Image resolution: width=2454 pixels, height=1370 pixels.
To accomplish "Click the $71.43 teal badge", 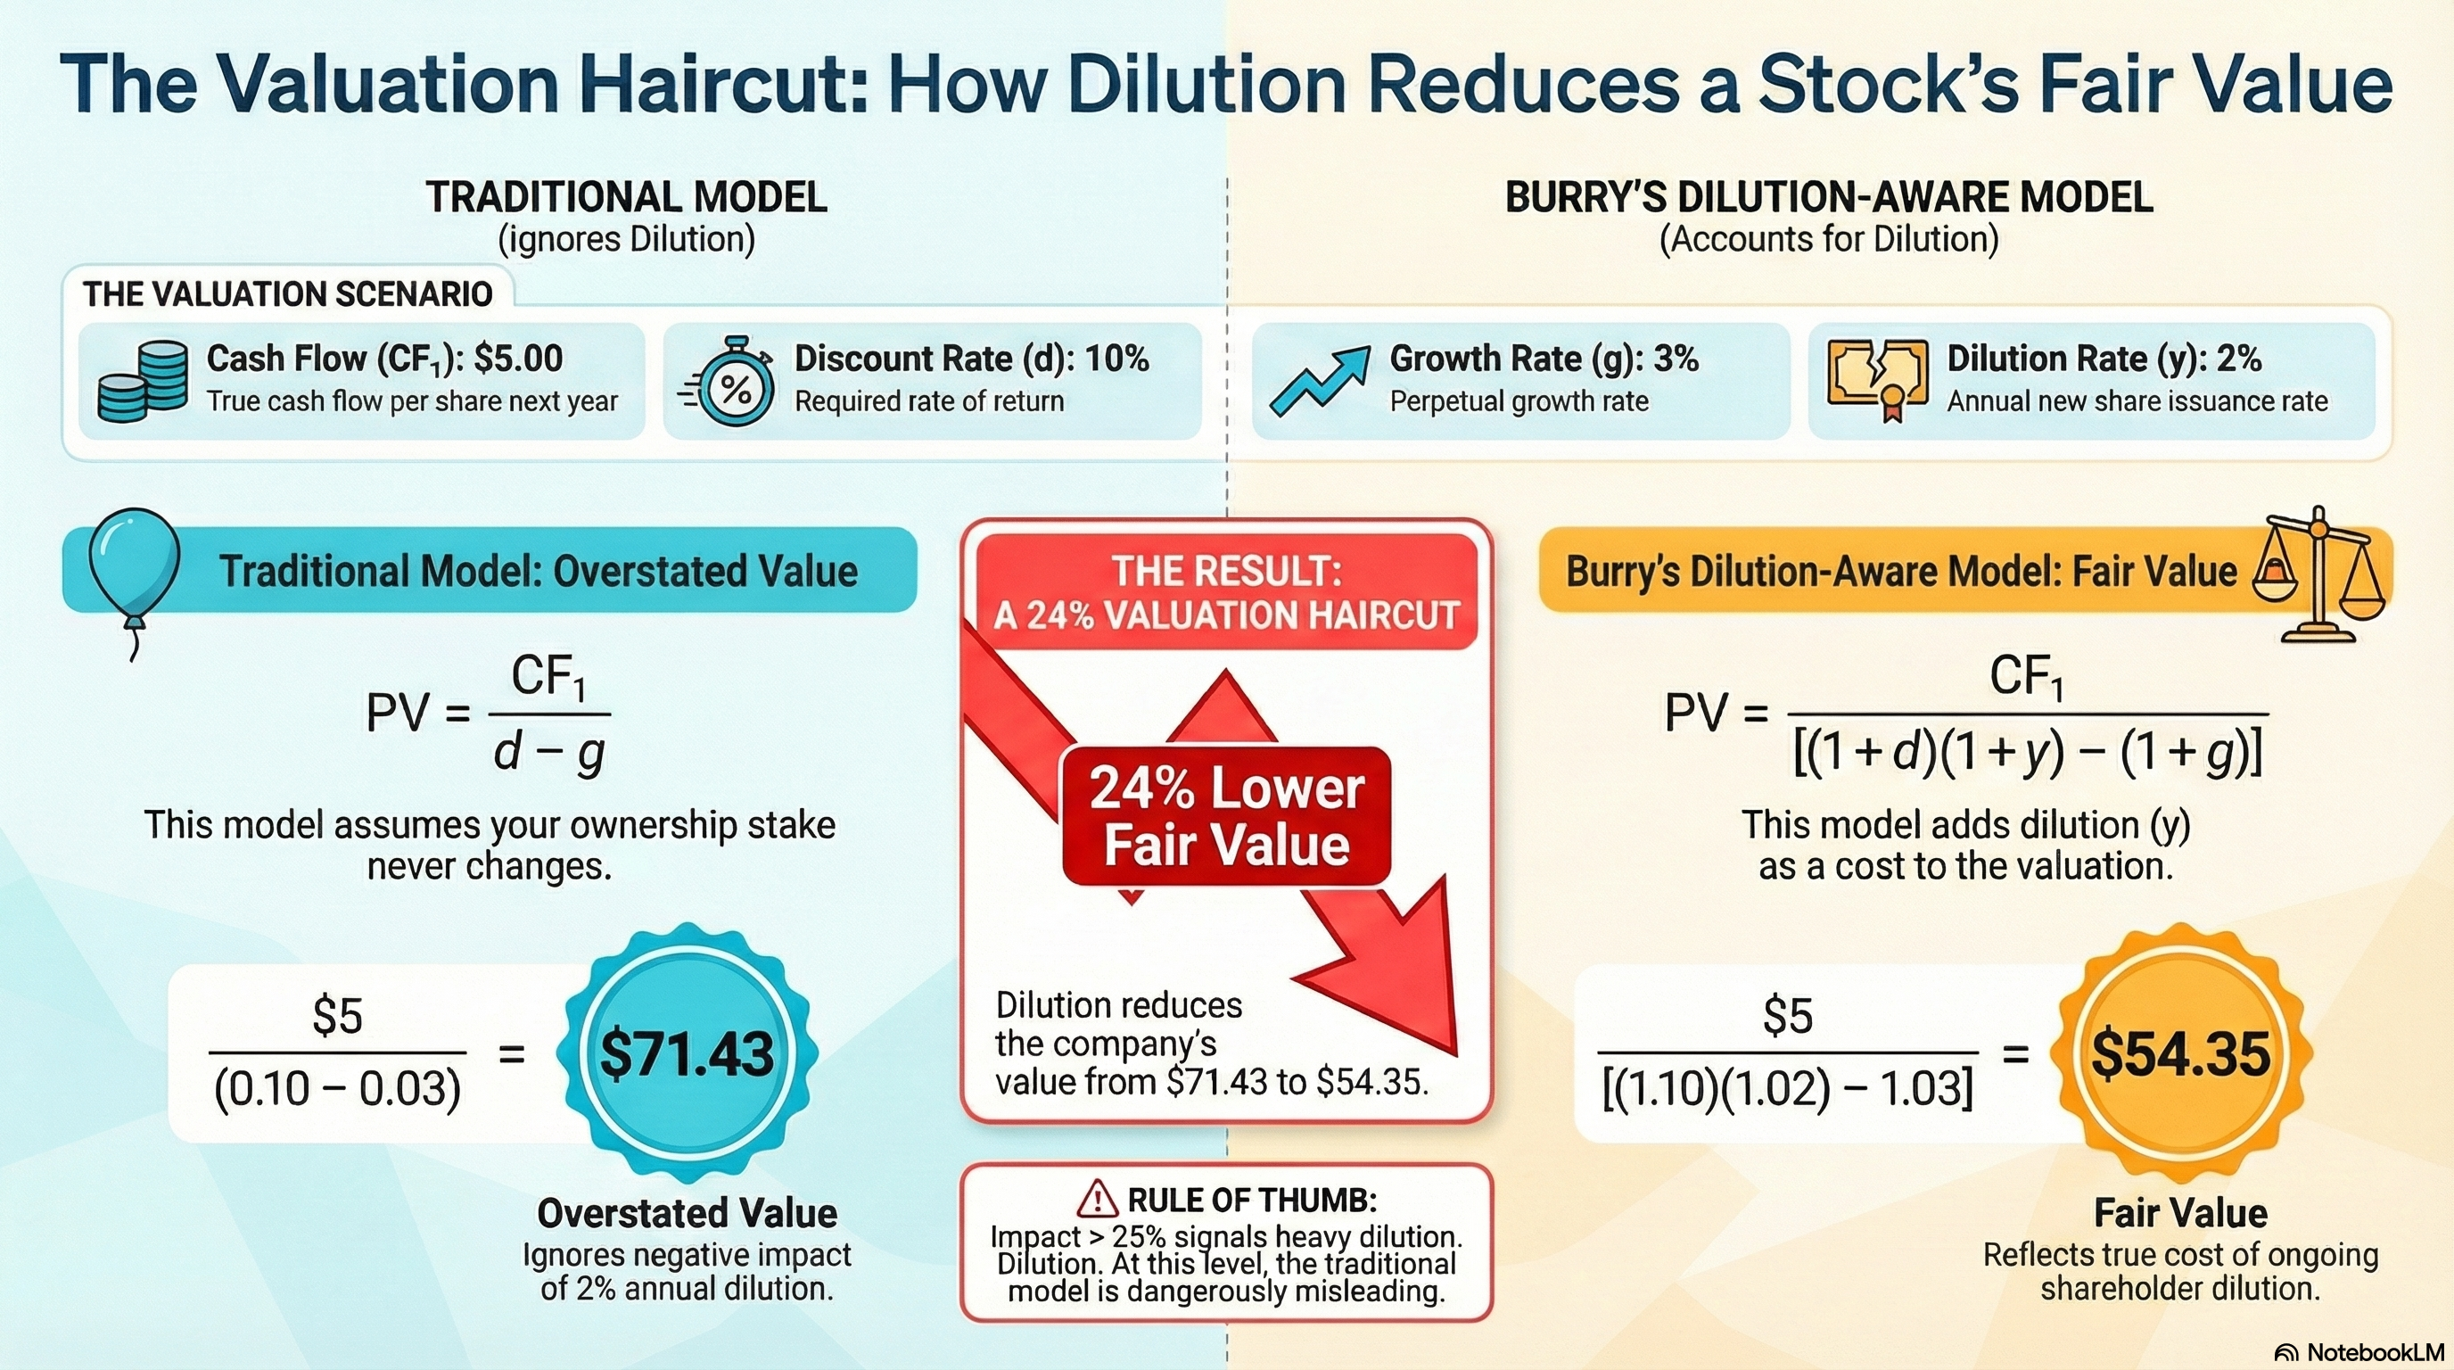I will [x=687, y=1054].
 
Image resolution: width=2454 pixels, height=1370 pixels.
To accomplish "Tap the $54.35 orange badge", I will [x=2179, y=1054].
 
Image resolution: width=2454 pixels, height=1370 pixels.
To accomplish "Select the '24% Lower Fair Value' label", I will [x=1226, y=816].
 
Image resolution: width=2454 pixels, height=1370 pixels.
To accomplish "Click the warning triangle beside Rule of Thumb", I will [x=1098, y=1200].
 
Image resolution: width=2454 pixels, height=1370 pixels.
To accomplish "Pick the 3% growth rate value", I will [x=1676, y=359].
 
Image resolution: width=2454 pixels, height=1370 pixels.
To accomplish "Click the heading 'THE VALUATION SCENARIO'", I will [x=288, y=293].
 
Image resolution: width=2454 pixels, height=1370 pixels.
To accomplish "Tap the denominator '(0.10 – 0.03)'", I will [x=337, y=1089].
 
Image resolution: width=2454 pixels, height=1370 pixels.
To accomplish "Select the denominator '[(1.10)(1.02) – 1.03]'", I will [x=1787, y=1089].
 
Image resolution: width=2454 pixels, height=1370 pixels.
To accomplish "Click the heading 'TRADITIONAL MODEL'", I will [x=626, y=197].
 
